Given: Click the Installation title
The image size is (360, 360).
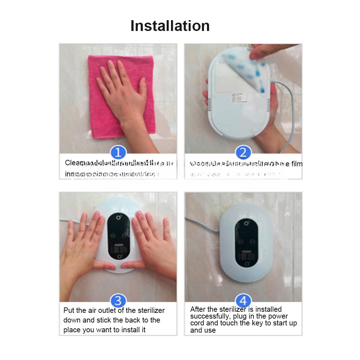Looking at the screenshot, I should (x=170, y=26).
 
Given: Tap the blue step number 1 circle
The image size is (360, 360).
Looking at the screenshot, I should (x=118, y=153).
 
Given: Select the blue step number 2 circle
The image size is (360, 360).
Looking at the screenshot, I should (x=243, y=153).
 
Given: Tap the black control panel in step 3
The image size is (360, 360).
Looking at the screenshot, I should (x=119, y=238).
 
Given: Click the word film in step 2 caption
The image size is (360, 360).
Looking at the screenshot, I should (x=296, y=164).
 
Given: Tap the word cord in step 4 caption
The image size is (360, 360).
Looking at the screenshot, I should (x=197, y=323).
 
